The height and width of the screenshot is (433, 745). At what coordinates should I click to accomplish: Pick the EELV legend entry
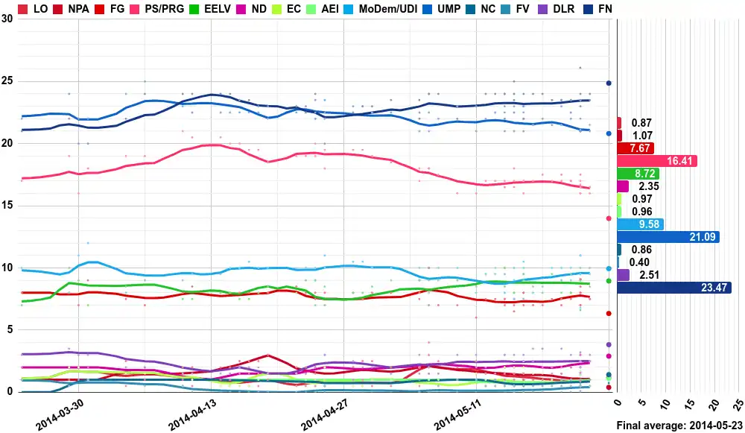(209, 8)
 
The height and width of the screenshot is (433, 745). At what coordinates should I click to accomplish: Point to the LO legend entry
(34, 8)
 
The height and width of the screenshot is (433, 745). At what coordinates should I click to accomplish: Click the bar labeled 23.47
(673, 288)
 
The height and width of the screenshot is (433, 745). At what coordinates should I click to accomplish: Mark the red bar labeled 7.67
(635, 148)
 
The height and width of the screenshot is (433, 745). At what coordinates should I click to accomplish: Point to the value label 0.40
(639, 262)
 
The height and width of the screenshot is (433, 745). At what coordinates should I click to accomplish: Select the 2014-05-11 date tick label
(458, 417)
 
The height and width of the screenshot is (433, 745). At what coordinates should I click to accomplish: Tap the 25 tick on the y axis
(7, 81)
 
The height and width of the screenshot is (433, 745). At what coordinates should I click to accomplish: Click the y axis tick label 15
(7, 206)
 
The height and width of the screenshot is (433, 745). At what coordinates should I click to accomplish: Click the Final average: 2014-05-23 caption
(679, 425)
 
